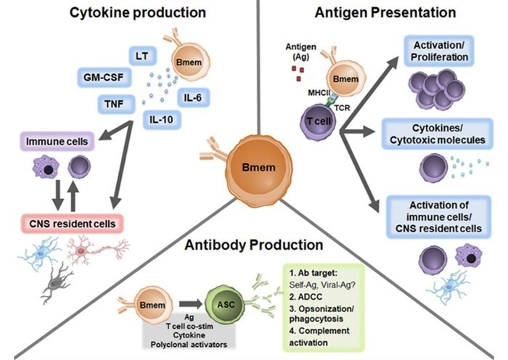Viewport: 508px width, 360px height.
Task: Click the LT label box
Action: pyautogui.click(x=141, y=54)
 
